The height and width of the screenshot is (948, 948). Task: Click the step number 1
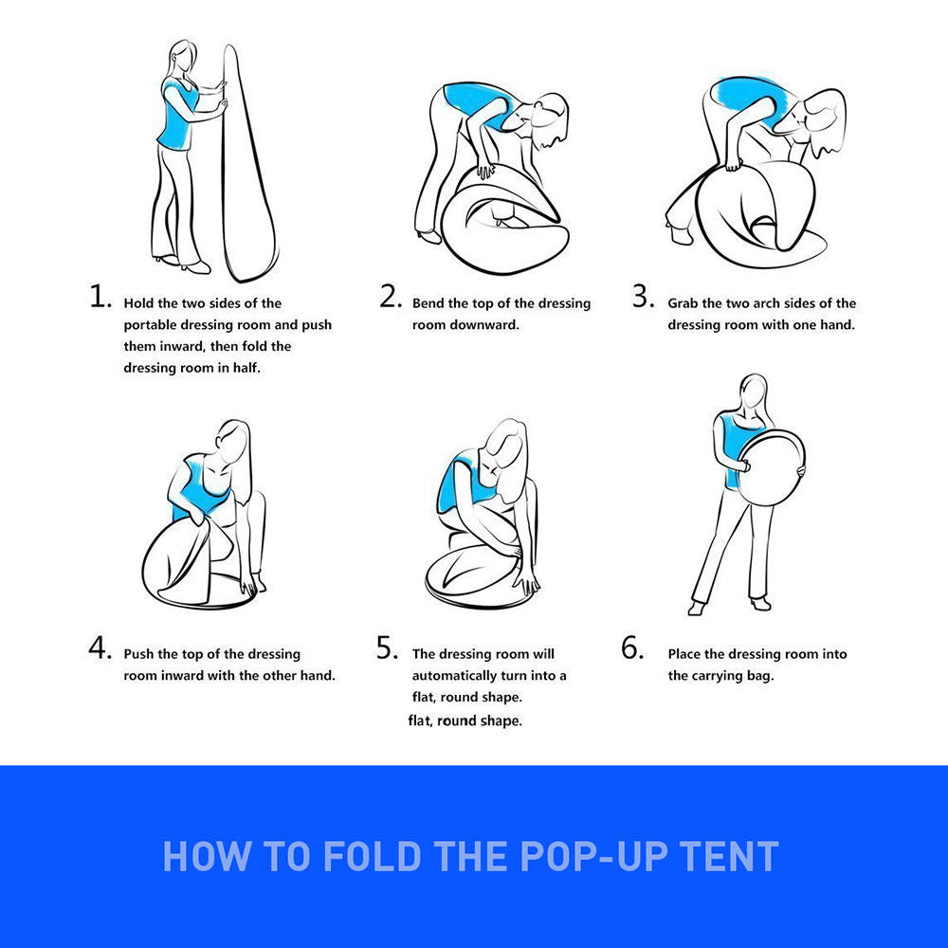pos(100,296)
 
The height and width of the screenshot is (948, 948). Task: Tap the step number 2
pos(391,296)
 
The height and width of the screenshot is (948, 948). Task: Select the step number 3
pos(644,296)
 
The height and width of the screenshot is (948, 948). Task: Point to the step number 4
pos(100,647)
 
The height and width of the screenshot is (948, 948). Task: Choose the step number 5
pos(388,647)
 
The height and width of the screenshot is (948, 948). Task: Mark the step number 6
pos(632,647)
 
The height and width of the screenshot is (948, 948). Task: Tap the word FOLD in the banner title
pos(372,856)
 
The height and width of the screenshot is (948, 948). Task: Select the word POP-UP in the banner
pos(593,856)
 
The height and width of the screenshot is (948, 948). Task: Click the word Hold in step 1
pos(138,303)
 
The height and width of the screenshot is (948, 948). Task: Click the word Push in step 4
pos(138,653)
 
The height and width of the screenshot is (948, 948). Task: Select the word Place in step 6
pos(684,653)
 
